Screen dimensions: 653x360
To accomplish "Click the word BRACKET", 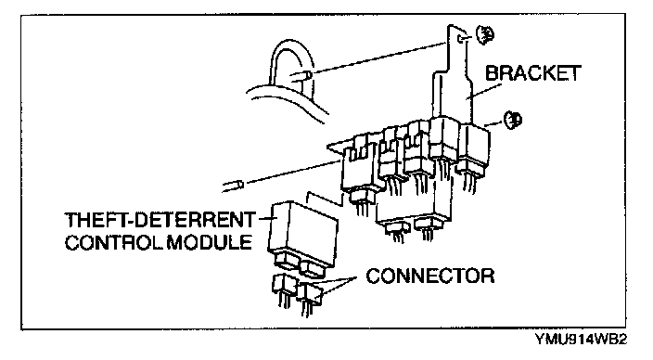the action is click(x=532, y=73).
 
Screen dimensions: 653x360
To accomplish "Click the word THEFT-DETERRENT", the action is click(x=160, y=220).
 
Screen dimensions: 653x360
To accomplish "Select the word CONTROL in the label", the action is click(x=114, y=242).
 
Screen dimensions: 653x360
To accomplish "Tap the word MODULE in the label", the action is click(x=210, y=242).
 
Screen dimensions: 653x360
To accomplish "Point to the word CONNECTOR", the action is click(x=430, y=276).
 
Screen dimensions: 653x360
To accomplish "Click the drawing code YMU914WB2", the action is click(x=581, y=340).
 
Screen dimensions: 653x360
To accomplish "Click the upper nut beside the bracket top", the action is click(x=485, y=34).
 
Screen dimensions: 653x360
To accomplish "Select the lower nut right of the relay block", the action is click(x=513, y=120).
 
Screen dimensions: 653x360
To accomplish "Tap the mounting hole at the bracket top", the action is click(x=461, y=39).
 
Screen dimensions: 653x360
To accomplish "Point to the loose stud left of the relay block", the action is click(x=234, y=186).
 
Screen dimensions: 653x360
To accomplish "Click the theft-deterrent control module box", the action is click(x=303, y=234).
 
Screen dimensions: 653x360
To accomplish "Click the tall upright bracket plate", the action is click(x=453, y=75).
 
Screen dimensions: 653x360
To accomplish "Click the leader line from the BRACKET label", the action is click(x=484, y=92).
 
